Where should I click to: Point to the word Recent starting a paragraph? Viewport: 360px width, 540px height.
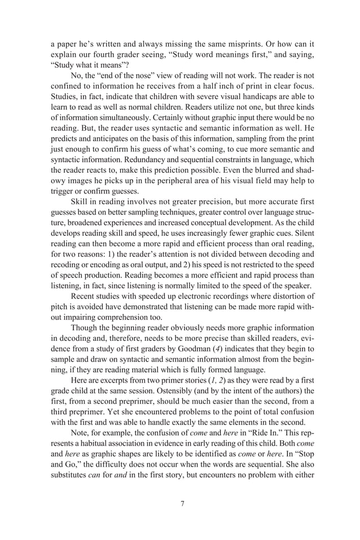tap(84, 295)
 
